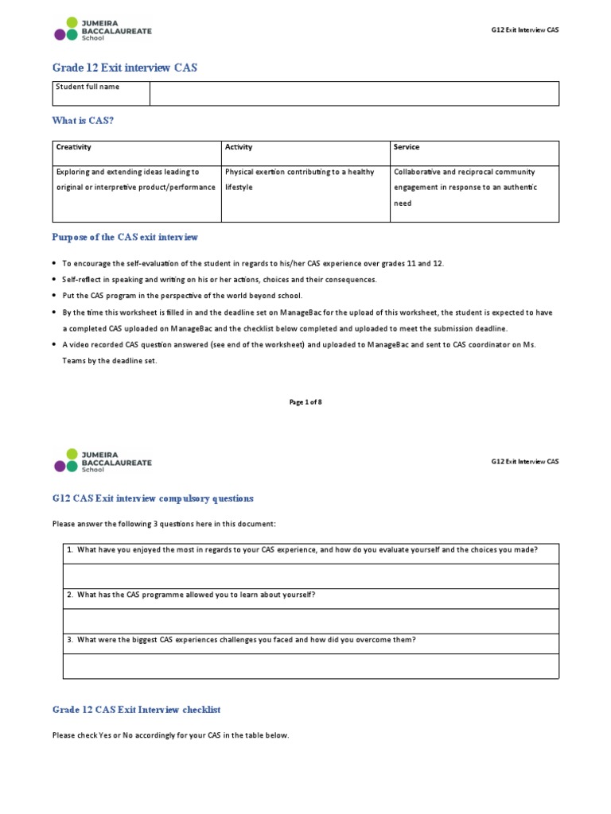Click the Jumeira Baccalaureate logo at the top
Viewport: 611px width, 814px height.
[102, 29]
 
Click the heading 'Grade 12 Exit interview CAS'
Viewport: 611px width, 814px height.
[124, 68]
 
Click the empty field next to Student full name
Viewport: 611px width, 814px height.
[354, 93]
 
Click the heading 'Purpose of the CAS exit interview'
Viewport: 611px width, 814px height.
[125, 238]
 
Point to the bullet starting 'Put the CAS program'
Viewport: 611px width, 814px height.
[182, 296]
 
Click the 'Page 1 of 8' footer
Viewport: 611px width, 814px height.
[305, 402]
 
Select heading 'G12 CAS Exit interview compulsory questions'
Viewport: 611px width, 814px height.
[153, 498]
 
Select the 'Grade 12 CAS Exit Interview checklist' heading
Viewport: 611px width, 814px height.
[136, 709]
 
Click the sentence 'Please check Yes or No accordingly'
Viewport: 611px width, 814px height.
[170, 736]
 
